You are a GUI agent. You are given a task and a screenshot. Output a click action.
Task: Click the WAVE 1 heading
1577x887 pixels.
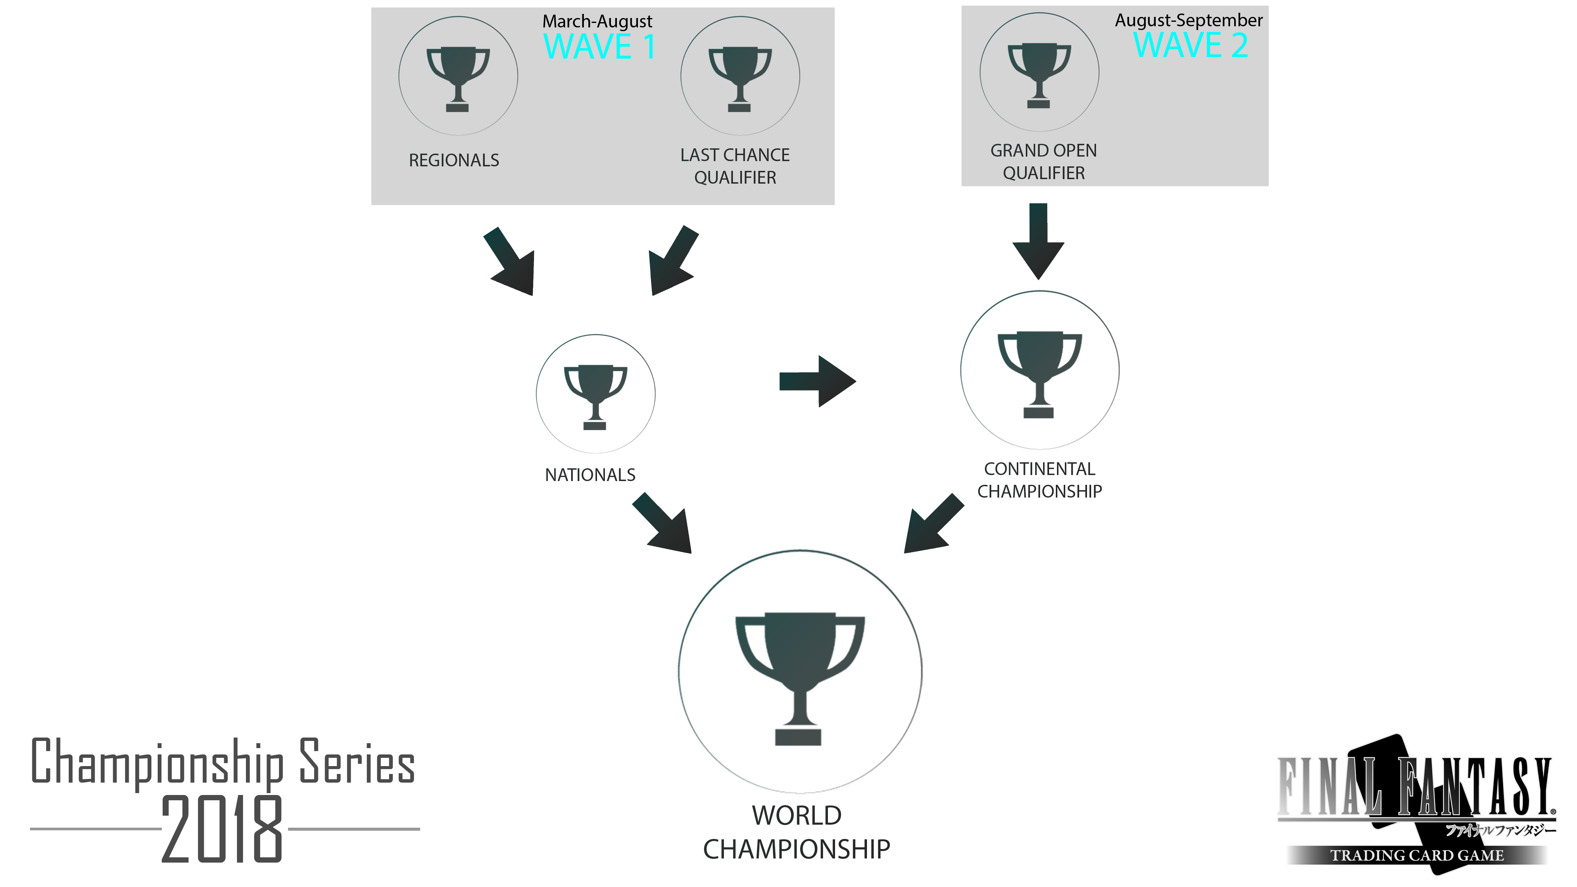(599, 47)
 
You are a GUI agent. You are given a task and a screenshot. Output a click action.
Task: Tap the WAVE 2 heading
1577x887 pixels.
(1191, 45)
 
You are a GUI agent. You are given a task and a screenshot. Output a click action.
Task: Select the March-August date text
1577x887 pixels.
(597, 21)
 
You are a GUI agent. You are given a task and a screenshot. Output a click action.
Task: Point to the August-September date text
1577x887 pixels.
(1188, 20)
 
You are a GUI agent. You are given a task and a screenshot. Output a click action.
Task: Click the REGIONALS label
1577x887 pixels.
(454, 160)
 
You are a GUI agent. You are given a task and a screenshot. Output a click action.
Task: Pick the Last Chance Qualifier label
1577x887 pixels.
(735, 166)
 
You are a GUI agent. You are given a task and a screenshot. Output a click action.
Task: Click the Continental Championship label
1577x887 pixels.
(1039, 480)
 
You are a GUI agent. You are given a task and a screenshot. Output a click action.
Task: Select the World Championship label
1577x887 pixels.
(796, 832)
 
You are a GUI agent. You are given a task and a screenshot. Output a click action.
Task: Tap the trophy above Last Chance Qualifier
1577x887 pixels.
(740, 79)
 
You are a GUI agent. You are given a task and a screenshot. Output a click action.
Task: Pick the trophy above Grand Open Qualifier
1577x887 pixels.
(1039, 75)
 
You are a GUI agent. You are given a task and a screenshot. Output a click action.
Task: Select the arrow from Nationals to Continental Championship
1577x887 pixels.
(817, 382)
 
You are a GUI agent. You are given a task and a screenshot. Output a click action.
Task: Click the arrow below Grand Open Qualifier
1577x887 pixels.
(1038, 241)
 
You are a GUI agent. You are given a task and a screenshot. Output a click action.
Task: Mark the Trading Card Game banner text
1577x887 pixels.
(1417, 855)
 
